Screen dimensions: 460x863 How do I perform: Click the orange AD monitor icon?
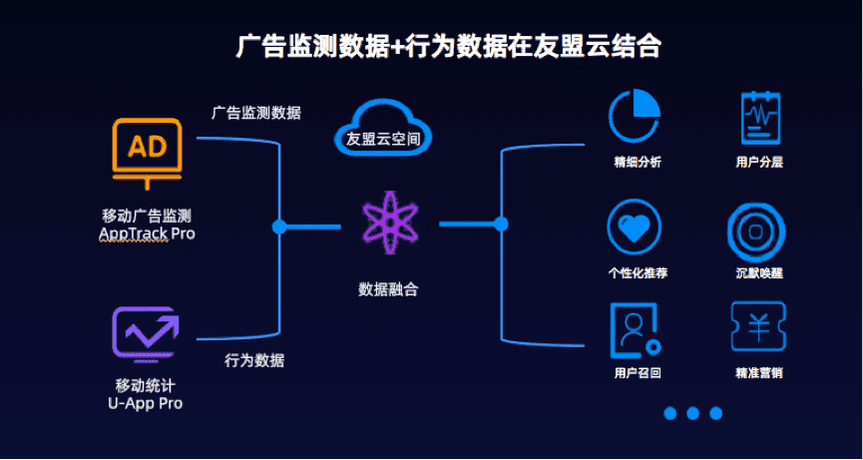[148, 150]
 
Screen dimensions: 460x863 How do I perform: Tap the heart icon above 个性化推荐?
[634, 228]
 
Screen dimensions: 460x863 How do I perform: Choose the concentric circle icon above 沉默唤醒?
[757, 230]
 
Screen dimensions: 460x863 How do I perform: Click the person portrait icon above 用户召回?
[634, 329]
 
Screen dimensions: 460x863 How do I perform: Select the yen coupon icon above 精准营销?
[757, 327]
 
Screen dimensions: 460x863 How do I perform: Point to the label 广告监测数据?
[255, 113]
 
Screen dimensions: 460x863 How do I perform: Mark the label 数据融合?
[388, 289]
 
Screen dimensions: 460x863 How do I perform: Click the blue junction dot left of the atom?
[279, 227]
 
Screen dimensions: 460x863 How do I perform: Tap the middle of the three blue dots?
[692, 413]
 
